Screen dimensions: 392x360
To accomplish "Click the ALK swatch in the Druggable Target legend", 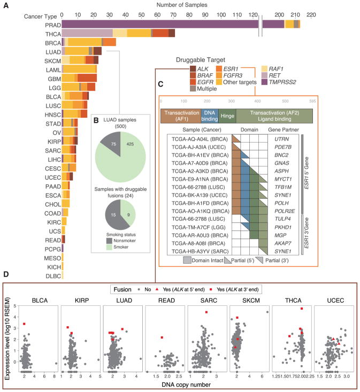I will point(192,68).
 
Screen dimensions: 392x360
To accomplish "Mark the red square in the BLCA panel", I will point(25,324).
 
